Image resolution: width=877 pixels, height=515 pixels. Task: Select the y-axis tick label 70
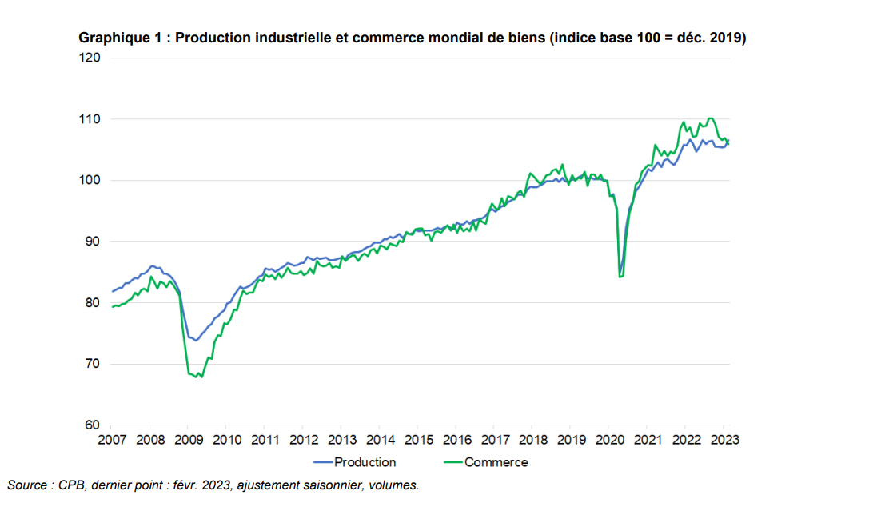91,364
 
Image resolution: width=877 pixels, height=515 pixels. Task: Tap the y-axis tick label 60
91,425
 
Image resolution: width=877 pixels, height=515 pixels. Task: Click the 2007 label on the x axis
112,440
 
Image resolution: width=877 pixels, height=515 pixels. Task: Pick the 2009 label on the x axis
188,440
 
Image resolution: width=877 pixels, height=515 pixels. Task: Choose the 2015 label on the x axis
418,440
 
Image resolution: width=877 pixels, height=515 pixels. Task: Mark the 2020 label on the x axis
610,440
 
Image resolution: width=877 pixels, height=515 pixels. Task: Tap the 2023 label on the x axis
724,440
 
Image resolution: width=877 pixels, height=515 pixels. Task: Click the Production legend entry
365,462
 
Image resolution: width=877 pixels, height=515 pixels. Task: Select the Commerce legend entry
496,462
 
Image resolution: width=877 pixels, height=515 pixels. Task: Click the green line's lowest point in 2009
201,377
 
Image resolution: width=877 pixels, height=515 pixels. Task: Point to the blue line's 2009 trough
196,341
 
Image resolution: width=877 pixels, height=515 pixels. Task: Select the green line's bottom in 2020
620,277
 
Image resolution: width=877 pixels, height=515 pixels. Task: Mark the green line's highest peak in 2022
711,118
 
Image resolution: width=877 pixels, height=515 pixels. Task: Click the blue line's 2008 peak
153,265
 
